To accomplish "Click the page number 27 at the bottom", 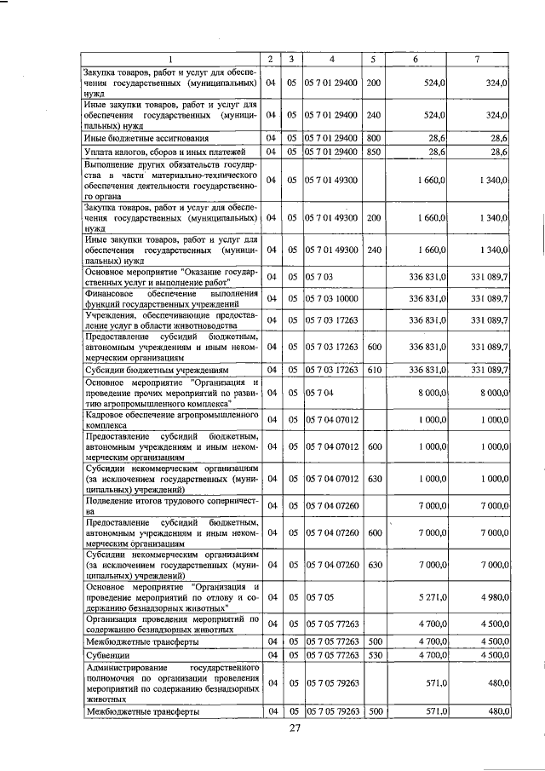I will pyautogui.click(x=295, y=728).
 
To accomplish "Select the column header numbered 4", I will pyautogui.click(x=332, y=59).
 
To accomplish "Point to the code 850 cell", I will pyautogui.click(x=373, y=152).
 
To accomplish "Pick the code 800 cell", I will pyautogui.click(x=373, y=137).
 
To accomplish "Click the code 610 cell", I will pyautogui.click(x=373, y=370).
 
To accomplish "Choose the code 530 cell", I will pyautogui.click(x=373, y=654).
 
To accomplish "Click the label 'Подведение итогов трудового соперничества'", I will pyautogui.click(x=170, y=506).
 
